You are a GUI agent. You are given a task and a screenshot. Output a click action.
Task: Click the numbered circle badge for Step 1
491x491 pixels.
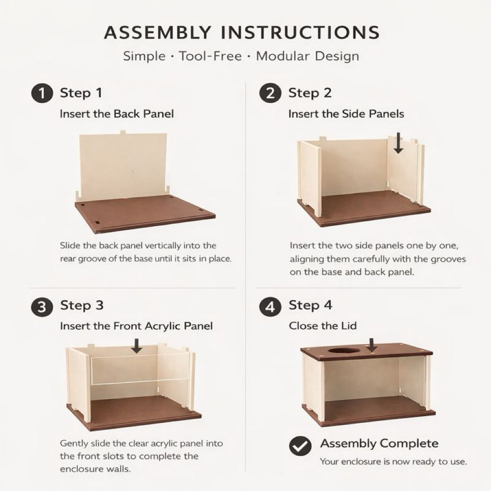point(42,94)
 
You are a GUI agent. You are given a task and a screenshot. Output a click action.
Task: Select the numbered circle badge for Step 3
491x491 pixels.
point(42,306)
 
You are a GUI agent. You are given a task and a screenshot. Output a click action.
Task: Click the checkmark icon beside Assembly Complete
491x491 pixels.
point(300,445)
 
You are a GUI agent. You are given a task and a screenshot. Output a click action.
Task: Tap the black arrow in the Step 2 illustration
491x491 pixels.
point(398,143)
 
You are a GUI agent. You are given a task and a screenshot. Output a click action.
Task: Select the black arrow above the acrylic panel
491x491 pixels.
point(136,346)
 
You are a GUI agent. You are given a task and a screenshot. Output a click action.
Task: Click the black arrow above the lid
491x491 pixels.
point(372,345)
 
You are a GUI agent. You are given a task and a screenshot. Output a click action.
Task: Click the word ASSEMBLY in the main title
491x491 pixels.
point(158,32)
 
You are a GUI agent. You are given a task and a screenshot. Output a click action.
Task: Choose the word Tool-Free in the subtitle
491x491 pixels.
point(210,57)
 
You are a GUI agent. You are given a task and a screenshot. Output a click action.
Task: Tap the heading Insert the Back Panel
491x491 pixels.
point(117,114)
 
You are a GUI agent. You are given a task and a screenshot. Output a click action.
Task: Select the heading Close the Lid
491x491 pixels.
point(323,326)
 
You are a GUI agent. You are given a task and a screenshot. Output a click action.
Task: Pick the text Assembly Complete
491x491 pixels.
point(379,444)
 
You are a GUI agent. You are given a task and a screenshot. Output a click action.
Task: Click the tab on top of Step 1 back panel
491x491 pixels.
point(123,132)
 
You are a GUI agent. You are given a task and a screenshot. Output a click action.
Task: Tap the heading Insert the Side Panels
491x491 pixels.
point(346,114)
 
